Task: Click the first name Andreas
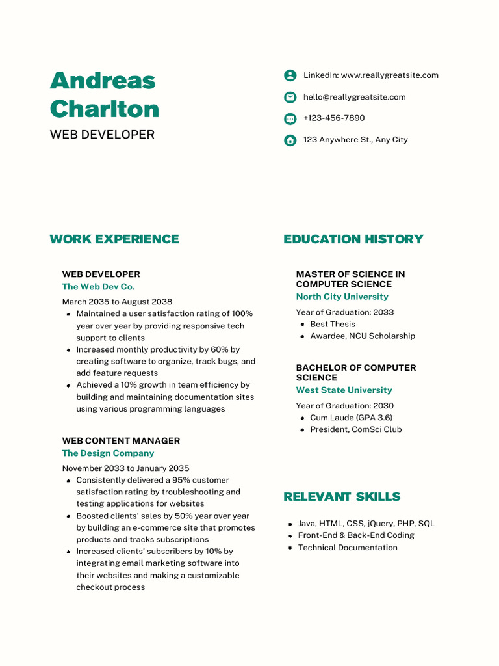103,81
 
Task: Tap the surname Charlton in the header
104,109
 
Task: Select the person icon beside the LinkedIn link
290,75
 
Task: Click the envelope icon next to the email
290,98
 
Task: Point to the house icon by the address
290,140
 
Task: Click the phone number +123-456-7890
334,118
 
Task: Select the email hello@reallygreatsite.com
354,97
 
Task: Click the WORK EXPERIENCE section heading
114,239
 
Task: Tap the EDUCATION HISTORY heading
353,239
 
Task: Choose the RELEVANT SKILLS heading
342,497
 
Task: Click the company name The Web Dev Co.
98,287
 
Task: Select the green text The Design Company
108,453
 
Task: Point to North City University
342,297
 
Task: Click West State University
344,390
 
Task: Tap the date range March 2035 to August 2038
117,302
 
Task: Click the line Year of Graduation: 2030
344,406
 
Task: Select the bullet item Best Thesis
333,324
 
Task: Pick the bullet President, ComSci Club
355,429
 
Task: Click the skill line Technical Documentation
347,548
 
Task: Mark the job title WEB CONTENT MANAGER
121,441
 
